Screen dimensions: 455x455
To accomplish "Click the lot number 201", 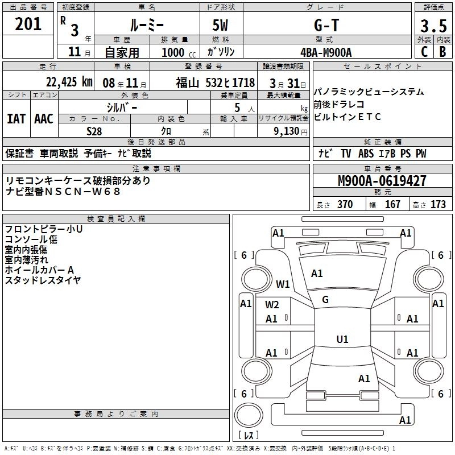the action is (x=29, y=24).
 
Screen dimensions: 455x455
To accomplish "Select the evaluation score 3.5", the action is (x=433, y=26).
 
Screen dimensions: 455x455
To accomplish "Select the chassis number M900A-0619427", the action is (x=382, y=181).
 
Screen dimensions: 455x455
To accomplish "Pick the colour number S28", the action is (x=94, y=130).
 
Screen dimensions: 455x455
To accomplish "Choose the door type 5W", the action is (x=220, y=25).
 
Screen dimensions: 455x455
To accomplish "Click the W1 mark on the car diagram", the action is (x=283, y=284).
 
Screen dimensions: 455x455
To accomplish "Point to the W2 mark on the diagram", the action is (x=272, y=304).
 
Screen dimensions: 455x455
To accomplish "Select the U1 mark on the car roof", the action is (x=342, y=340).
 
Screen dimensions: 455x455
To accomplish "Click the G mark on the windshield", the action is (x=325, y=299).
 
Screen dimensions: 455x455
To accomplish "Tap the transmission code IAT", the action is (x=16, y=119).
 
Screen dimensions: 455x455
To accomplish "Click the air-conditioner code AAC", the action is (x=43, y=119).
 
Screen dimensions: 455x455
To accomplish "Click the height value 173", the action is (x=438, y=205).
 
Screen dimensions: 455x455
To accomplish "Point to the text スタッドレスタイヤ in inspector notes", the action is (x=43, y=280).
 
